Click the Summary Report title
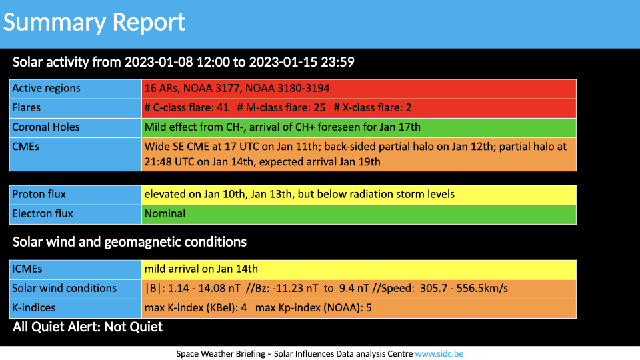(x=94, y=23)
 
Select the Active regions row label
(x=46, y=88)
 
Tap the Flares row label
(x=27, y=107)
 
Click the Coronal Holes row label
(x=46, y=127)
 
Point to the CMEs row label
(x=26, y=147)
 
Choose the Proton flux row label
(x=39, y=194)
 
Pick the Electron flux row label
(x=43, y=213)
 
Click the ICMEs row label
(x=27, y=269)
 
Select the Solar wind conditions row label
(x=64, y=288)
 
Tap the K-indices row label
(x=34, y=307)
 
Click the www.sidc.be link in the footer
(x=439, y=354)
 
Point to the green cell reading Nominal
(x=359, y=214)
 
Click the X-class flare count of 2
(x=409, y=107)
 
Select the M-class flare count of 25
(x=319, y=107)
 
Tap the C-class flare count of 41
(x=223, y=107)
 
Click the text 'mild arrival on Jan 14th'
(x=201, y=269)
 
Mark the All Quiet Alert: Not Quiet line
(x=88, y=327)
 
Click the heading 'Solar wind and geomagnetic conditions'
(x=129, y=242)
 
